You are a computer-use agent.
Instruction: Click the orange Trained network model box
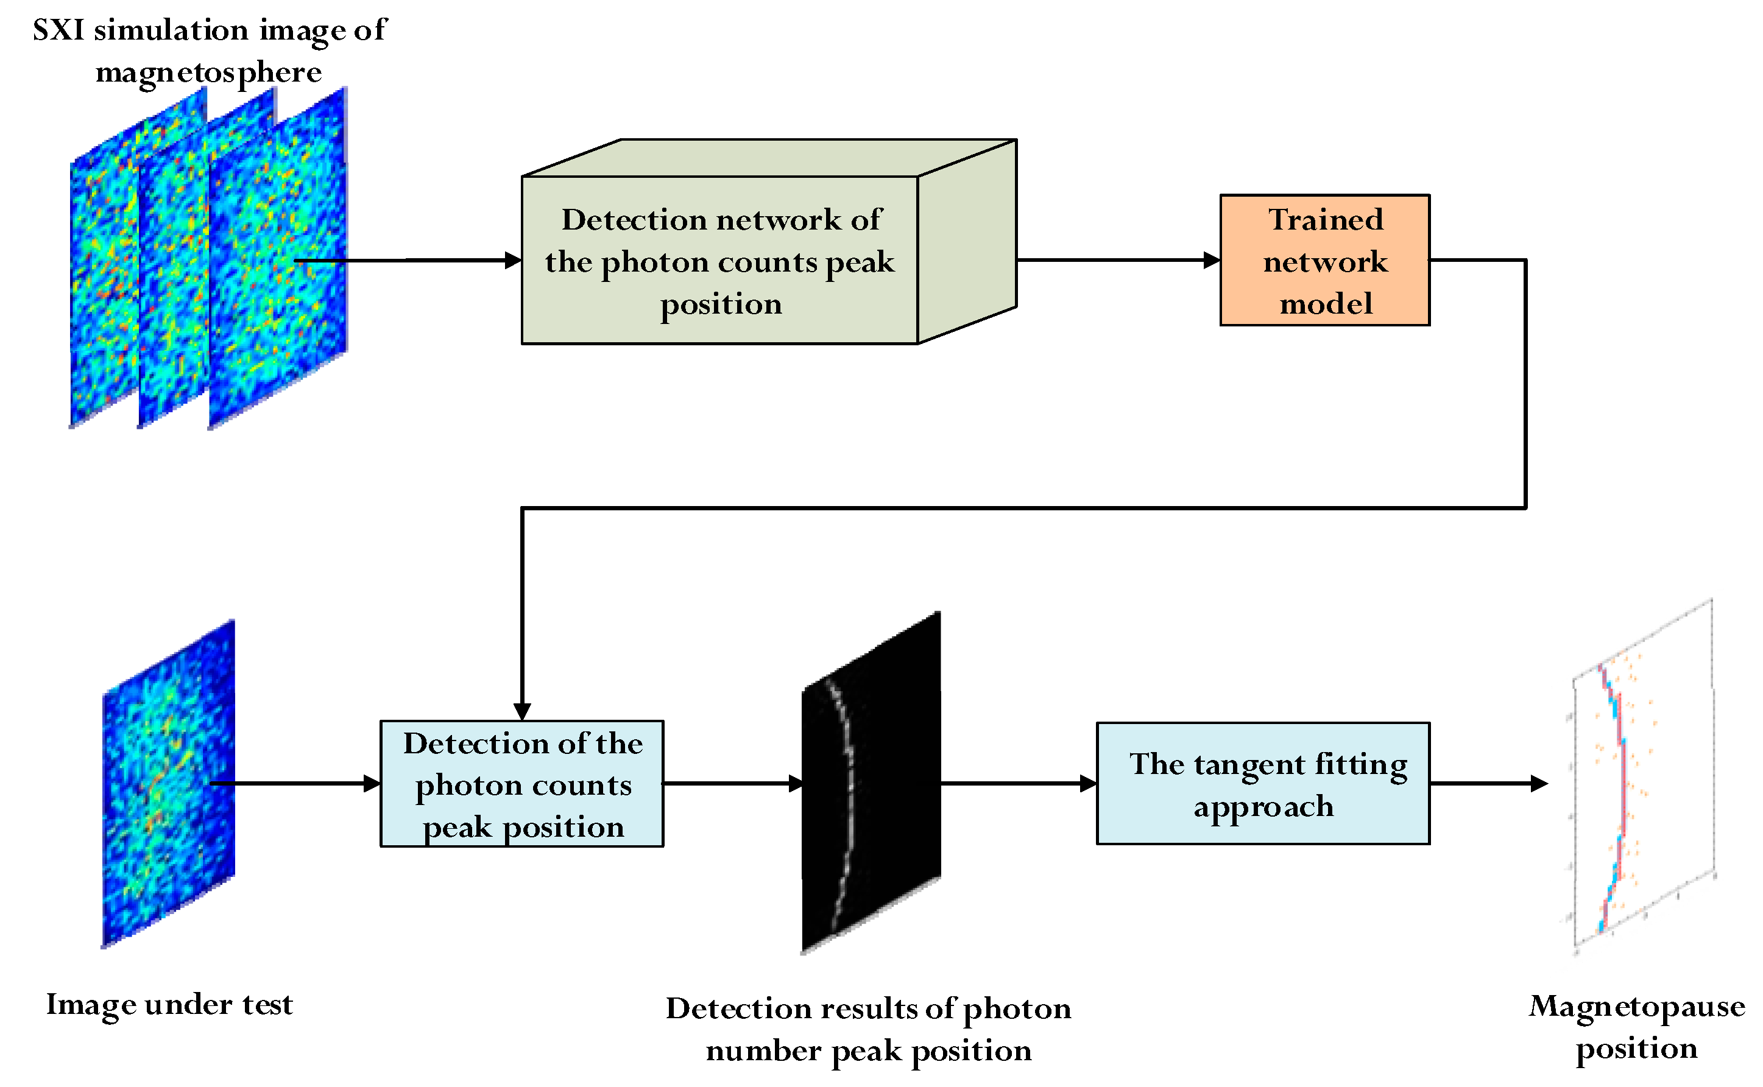pyautogui.click(x=1324, y=260)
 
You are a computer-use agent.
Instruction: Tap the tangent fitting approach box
pyautogui.click(x=1263, y=784)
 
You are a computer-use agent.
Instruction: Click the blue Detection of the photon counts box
pyautogui.click(x=522, y=784)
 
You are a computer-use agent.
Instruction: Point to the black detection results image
pyautogui.click(x=871, y=784)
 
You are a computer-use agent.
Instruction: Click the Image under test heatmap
pyautogui.click(x=169, y=784)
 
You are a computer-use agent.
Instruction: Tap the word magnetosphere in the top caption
pyautogui.click(x=208, y=72)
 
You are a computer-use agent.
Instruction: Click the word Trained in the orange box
pyautogui.click(x=1325, y=219)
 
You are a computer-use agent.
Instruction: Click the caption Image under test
pyautogui.click(x=170, y=1004)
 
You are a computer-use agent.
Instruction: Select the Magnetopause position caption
pyautogui.click(x=1636, y=1027)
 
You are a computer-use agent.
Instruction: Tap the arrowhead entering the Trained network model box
pyautogui.click(x=1212, y=260)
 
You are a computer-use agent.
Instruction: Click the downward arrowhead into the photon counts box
pyautogui.click(x=522, y=712)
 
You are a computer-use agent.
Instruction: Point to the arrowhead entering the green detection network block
pyautogui.click(x=513, y=260)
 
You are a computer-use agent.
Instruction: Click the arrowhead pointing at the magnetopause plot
pyautogui.click(x=1539, y=784)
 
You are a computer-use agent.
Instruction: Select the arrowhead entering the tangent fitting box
pyautogui.click(x=1088, y=784)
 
